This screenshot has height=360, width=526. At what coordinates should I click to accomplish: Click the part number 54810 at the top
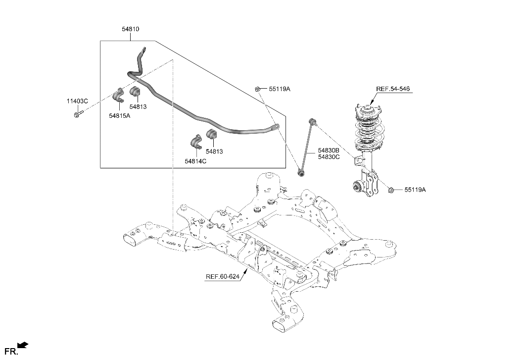[131, 29]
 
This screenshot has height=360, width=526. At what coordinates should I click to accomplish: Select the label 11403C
[77, 101]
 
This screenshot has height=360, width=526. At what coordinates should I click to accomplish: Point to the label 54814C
[195, 161]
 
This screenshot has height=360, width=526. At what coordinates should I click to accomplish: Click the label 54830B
[329, 150]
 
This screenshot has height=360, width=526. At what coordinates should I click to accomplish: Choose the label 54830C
[329, 157]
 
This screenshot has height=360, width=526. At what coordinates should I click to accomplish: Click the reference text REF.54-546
[393, 89]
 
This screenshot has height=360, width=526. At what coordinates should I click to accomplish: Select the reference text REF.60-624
[223, 277]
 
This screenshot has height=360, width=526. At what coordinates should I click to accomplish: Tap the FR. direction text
[10, 352]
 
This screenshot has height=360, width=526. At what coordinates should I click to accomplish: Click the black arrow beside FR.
[23, 346]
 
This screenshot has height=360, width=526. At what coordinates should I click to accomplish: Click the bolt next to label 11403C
[78, 115]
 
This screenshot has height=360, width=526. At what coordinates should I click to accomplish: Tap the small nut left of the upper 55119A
[258, 89]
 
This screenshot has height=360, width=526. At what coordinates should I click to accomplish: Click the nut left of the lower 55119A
[391, 189]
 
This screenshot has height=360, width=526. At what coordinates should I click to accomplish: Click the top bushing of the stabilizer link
[312, 121]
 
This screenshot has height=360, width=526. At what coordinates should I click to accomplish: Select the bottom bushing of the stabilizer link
[301, 173]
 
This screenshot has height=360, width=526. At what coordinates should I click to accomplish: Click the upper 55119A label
[280, 89]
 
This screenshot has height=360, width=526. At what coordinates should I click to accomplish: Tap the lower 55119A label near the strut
[415, 190]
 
